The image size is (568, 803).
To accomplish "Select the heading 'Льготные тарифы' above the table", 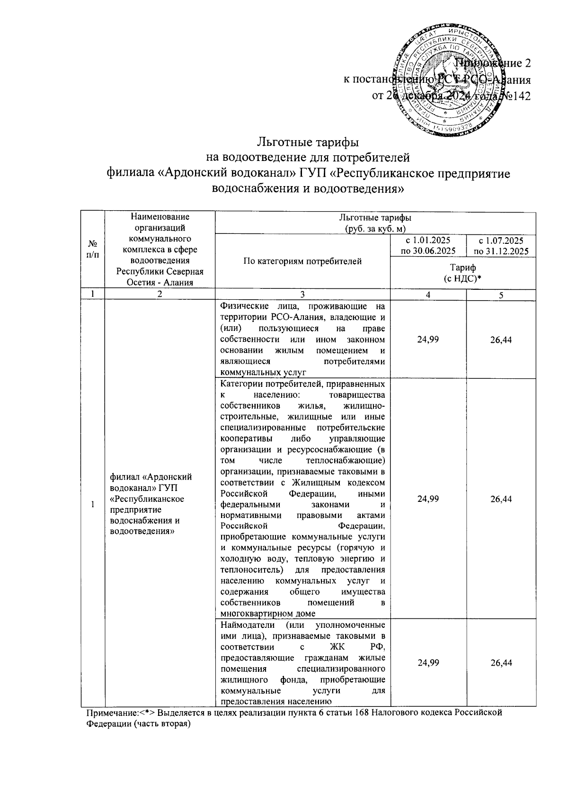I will (x=308, y=141).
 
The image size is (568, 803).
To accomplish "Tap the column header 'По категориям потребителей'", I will (x=302, y=261).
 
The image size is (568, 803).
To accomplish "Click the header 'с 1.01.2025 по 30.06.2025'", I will (x=428, y=246).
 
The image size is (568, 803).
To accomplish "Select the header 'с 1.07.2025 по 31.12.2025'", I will (x=501, y=246).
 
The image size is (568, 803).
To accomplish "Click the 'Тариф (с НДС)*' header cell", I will (x=462, y=273).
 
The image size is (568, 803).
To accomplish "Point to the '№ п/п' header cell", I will (x=93, y=250).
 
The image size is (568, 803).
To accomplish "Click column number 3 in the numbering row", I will (x=302, y=294).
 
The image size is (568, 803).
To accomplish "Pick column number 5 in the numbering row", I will (x=501, y=294).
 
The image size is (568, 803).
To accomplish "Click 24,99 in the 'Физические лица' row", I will (x=428, y=339).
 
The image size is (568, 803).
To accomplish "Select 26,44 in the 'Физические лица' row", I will (x=501, y=340).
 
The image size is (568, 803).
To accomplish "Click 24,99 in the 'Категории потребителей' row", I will (x=428, y=499).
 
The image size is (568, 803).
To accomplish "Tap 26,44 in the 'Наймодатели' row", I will (x=501, y=663).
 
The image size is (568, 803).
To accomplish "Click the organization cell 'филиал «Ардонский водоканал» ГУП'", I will (x=151, y=503).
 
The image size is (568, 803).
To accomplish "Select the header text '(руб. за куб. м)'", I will (x=375, y=228).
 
